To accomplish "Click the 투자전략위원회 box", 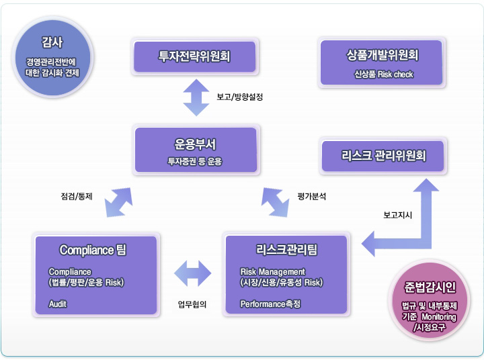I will click(194, 56).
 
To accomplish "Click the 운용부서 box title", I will click(195, 144).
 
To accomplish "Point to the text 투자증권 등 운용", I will click(195, 161).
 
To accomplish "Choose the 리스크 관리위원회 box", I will click(383, 156).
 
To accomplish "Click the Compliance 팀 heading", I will click(93, 250).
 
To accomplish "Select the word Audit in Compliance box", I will click(58, 304).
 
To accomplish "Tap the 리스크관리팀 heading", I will click(287, 250).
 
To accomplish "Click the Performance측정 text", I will click(270, 304).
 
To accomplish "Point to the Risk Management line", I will click(272, 271).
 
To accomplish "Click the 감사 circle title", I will click(52, 42).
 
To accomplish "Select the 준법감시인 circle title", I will click(431, 287).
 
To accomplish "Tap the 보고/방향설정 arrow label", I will click(239, 97).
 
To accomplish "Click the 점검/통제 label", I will click(76, 197).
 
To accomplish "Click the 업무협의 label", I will click(192, 304).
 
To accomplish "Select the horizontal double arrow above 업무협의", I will click(193, 273).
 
